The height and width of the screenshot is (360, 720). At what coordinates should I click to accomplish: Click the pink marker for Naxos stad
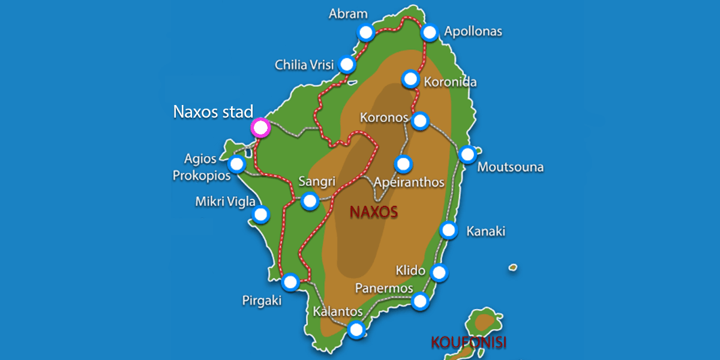tap(260, 127)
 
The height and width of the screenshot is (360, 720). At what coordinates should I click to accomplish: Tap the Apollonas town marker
tap(430, 32)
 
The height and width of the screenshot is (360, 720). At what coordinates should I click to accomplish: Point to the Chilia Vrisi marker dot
tap(346, 64)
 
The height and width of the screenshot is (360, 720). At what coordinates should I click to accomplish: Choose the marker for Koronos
tap(420, 121)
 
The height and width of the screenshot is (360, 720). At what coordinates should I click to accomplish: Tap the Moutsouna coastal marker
tap(467, 155)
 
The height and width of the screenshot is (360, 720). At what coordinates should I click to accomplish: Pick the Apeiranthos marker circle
tap(403, 163)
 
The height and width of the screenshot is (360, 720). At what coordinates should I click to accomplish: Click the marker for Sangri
tap(310, 201)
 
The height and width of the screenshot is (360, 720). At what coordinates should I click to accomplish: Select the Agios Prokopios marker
tap(238, 164)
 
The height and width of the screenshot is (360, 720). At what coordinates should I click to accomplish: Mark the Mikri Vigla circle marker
tap(261, 214)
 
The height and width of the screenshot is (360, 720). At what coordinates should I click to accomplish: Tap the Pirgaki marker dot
tap(290, 281)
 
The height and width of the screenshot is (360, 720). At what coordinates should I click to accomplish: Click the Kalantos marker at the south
tap(356, 329)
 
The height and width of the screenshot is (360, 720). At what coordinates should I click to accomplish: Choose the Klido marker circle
tap(440, 272)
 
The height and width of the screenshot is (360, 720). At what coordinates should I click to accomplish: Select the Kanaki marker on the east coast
tap(449, 230)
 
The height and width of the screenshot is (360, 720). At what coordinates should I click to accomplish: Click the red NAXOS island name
tap(374, 212)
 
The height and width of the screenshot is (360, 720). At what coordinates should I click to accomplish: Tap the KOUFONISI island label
tap(469, 343)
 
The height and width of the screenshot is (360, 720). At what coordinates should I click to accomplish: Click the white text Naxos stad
tap(213, 112)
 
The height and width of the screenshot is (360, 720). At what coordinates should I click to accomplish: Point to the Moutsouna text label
tap(510, 167)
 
